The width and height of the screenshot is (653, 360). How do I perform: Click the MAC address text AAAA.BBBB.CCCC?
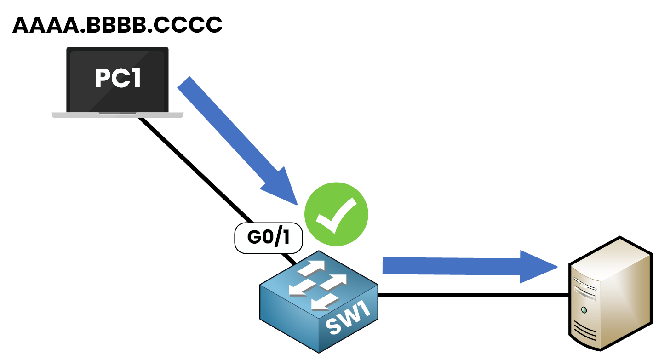pos(117,25)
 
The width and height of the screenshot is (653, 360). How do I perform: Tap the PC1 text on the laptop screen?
pos(118,78)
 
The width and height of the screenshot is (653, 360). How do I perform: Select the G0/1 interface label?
pos(269,238)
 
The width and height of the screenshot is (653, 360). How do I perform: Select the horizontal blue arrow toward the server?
pos(460,266)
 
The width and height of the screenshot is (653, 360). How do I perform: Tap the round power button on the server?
pos(584,310)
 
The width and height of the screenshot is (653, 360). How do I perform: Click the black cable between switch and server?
pos(474,296)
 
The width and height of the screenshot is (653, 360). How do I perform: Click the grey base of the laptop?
pos(117,115)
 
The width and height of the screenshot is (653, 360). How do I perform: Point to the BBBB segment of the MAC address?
pos(115,25)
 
